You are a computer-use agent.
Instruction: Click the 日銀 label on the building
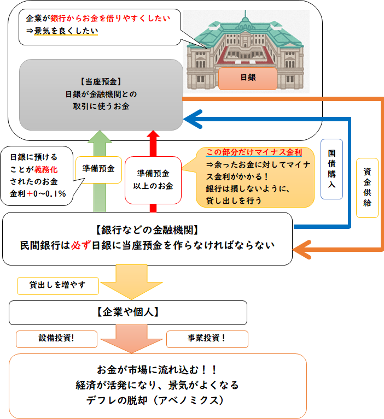pyautogui.click(x=248, y=78)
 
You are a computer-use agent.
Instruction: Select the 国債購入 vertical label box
pyautogui.click(x=331, y=169)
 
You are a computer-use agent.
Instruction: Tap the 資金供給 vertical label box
pyautogui.click(x=367, y=188)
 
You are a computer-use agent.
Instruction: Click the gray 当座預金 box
pyautogui.click(x=101, y=95)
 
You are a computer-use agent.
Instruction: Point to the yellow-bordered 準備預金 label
pyautogui.click(x=98, y=170)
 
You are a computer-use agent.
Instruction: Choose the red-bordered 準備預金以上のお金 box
pyautogui.click(x=153, y=180)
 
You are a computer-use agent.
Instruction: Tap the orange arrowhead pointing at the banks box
pyautogui.click(x=302, y=250)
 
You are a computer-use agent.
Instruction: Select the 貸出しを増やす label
pyautogui.click(x=58, y=286)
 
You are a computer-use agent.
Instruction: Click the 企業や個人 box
pyautogui.click(x=128, y=312)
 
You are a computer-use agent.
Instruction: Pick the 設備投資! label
pyautogui.click(x=56, y=339)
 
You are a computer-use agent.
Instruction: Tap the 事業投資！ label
pyautogui.click(x=207, y=339)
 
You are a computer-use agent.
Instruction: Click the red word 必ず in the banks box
pyautogui.click(x=81, y=245)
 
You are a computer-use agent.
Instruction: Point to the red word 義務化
pyautogui.click(x=46, y=169)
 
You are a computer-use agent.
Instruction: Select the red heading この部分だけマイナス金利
pyautogui.click(x=254, y=152)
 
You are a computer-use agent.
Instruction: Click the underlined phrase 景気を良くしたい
pyautogui.click(x=66, y=31)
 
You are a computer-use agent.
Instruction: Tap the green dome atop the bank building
pyautogui.click(x=245, y=22)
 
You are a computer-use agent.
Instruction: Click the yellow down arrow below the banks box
pyautogui.click(x=131, y=282)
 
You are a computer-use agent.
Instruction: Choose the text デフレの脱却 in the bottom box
pyautogui.click(x=117, y=400)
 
